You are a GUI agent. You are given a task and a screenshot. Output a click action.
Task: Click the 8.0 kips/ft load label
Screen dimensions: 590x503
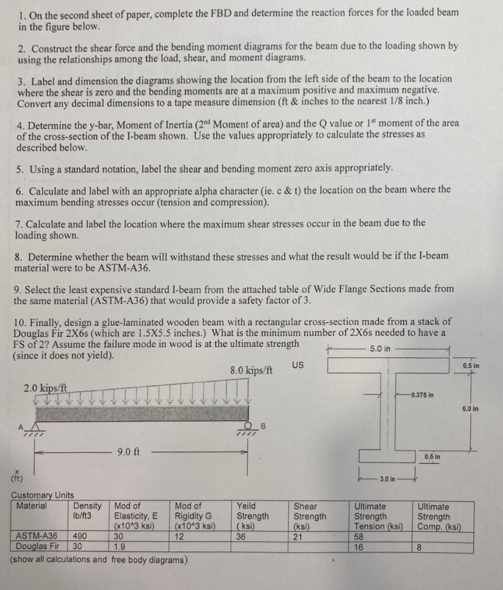click(x=251, y=370)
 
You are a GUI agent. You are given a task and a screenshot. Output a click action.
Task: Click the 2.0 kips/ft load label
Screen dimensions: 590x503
click(x=46, y=388)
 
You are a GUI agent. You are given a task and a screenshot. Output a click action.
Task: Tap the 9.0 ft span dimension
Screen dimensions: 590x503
click(x=127, y=452)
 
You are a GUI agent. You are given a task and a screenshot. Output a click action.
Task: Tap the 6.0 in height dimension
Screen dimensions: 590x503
click(x=470, y=409)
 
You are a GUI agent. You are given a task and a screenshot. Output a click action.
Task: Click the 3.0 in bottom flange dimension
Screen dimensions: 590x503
click(x=388, y=479)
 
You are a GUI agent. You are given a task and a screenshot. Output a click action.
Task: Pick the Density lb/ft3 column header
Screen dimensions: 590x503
click(x=87, y=511)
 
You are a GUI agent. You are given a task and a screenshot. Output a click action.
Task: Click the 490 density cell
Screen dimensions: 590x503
click(x=81, y=536)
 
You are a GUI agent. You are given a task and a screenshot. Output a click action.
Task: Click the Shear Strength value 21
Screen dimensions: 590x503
click(x=299, y=536)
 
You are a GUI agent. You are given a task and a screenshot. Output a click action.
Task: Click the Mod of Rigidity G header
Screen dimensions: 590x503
click(x=195, y=516)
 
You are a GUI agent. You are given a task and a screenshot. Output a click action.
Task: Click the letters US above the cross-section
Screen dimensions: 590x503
click(x=297, y=365)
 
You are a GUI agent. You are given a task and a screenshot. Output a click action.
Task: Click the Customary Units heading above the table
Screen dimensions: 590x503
click(x=42, y=495)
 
